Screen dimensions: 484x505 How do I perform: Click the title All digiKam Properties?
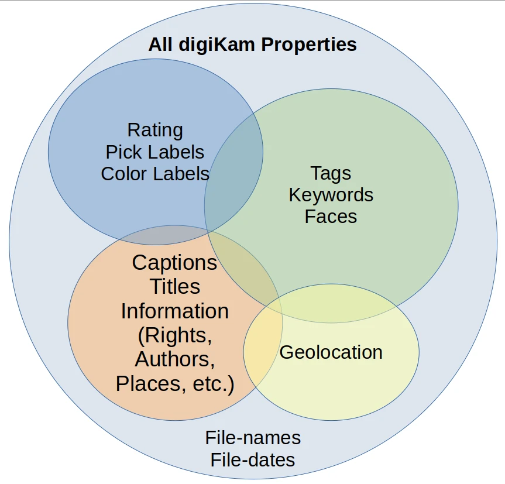(x=252, y=44)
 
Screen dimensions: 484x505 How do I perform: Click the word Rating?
(x=155, y=130)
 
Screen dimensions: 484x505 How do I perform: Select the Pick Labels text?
(x=155, y=152)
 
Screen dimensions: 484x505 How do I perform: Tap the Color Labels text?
(x=155, y=174)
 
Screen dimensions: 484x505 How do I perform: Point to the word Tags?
(x=331, y=173)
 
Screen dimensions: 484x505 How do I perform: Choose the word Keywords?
(x=331, y=195)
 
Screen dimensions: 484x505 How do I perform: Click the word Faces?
(x=331, y=217)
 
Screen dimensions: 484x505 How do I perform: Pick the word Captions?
(x=174, y=263)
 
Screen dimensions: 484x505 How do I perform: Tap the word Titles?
(x=174, y=287)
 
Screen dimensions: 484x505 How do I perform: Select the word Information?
(x=174, y=311)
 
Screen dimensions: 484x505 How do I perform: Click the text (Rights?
(x=174, y=335)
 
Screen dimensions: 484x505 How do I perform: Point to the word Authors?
(x=174, y=359)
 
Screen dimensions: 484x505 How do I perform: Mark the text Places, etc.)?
(x=174, y=384)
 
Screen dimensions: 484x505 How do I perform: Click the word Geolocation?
(x=331, y=352)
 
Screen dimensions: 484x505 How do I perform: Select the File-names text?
(x=253, y=438)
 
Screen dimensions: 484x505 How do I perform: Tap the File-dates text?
(x=253, y=460)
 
